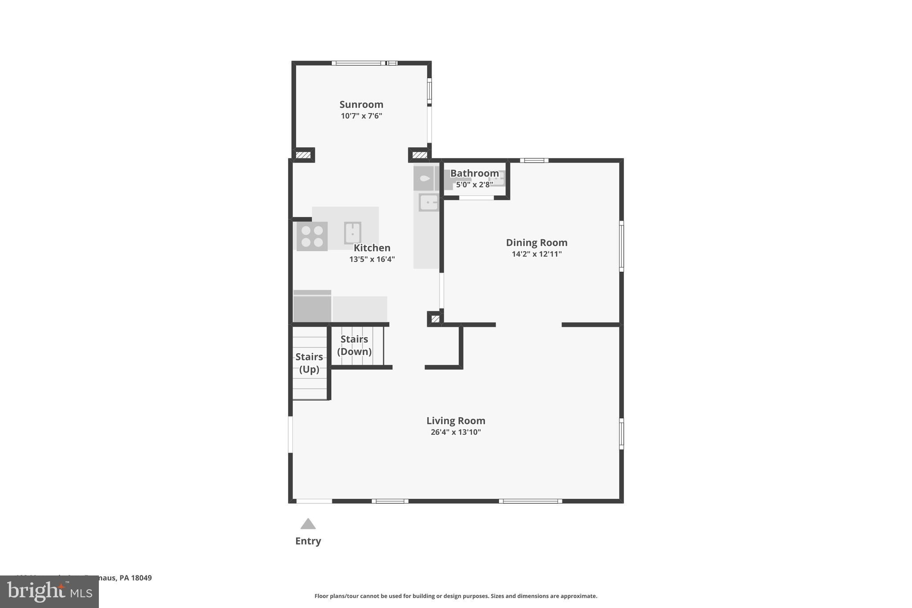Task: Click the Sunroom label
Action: point(361,104)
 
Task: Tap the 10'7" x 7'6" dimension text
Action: point(361,116)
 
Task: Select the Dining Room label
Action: point(536,242)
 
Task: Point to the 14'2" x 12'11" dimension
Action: point(536,254)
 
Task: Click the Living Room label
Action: point(456,420)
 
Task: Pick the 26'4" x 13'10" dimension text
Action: point(456,432)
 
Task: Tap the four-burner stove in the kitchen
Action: point(312,237)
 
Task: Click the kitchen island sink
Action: point(352,233)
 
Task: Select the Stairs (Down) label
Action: point(354,345)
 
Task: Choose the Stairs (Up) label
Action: point(309,363)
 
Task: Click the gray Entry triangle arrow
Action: point(308,524)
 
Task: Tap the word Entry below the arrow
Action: point(308,541)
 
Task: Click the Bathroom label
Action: point(474,173)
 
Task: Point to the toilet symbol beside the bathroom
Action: point(424,179)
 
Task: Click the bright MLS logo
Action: point(49,592)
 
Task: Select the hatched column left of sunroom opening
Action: point(303,155)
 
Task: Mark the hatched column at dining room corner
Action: point(435,318)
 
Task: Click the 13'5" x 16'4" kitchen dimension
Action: point(372,259)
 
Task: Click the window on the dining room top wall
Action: point(534,160)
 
